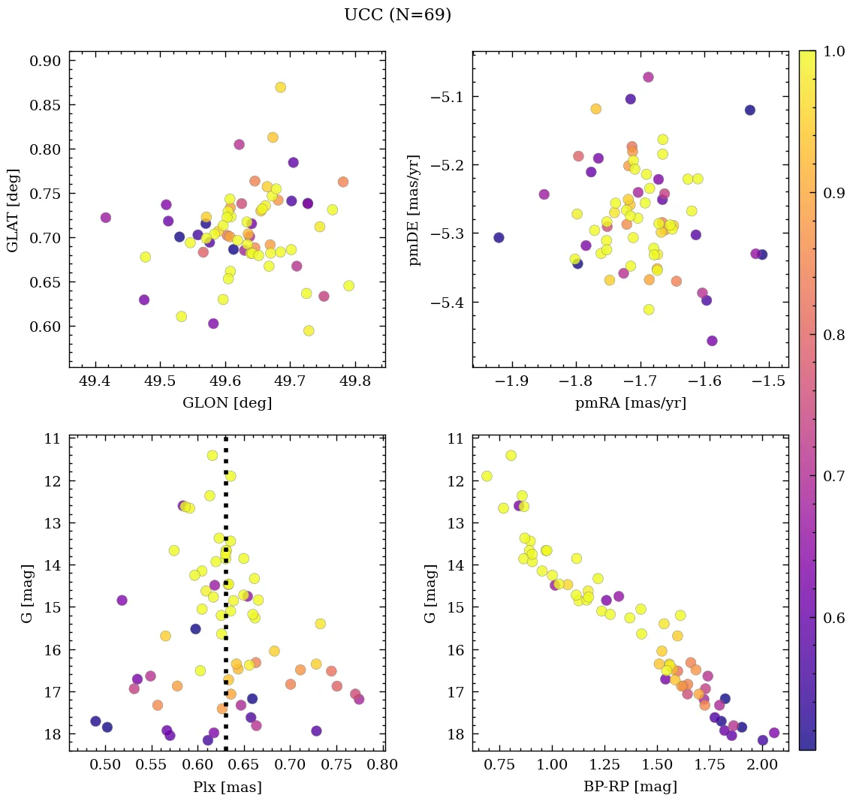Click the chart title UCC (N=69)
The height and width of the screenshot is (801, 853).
(397, 15)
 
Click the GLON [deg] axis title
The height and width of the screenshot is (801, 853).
(227, 403)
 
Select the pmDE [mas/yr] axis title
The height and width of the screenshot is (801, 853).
(414, 209)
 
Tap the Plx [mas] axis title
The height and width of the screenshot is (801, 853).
(227, 787)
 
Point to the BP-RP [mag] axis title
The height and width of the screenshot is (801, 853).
(630, 787)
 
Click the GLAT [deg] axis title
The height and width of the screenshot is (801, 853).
(12, 209)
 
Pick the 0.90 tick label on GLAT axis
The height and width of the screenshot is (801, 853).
(45, 62)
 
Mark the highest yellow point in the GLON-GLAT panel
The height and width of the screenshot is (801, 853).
(280, 87)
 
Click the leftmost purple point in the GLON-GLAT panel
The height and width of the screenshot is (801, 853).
(106, 218)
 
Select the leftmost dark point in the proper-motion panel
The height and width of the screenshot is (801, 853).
(499, 237)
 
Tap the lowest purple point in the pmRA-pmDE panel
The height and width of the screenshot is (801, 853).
(712, 341)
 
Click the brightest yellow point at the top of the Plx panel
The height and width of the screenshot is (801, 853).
(212, 455)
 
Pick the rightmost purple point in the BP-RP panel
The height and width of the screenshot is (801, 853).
(774, 733)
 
